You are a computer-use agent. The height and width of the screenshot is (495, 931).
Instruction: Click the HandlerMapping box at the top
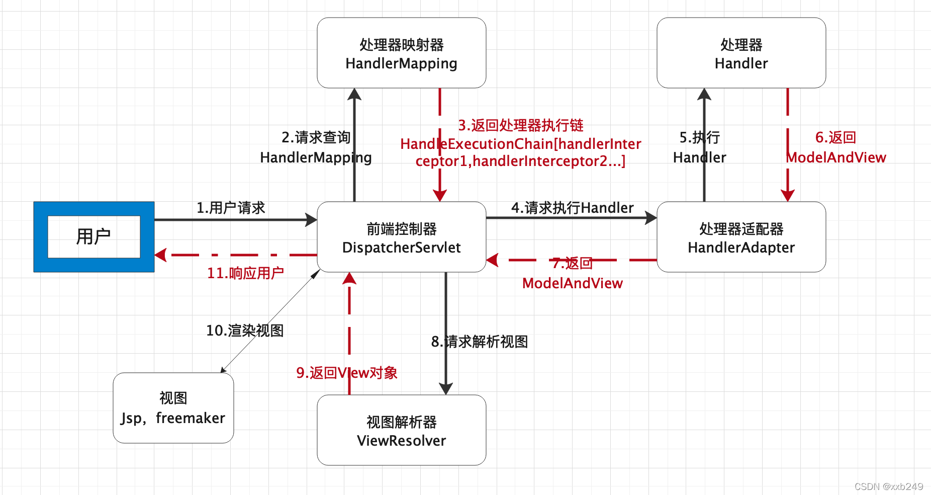401,53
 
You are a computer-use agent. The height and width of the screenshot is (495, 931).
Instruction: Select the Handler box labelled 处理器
741,53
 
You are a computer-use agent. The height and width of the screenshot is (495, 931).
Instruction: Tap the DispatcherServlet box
401,237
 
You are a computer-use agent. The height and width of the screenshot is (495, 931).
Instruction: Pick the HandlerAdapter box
741,237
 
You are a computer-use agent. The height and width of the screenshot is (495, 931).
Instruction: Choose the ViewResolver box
401,431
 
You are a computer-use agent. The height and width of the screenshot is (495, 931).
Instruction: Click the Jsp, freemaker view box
173,408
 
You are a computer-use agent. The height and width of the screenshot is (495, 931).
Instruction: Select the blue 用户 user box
94,237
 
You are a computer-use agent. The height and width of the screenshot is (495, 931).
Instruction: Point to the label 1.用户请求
231,208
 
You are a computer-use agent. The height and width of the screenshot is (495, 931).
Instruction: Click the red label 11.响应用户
245,273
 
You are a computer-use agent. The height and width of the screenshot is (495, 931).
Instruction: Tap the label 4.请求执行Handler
572,208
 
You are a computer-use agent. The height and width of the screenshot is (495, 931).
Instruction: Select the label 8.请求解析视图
480,342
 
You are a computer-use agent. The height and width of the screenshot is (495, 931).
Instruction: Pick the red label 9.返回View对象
347,373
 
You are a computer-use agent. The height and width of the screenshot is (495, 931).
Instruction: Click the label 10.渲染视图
245,331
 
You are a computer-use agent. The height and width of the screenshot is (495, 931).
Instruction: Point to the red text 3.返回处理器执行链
520,125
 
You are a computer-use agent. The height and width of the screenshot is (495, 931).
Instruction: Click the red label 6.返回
835,137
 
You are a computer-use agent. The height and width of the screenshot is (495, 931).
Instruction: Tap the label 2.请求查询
316,137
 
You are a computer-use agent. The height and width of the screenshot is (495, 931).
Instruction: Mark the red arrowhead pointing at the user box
161,255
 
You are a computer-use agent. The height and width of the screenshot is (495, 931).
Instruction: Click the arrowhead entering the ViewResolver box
446,388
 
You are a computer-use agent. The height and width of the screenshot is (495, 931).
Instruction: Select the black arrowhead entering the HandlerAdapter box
651,218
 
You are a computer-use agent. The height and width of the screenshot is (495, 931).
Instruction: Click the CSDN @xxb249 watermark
888,486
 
